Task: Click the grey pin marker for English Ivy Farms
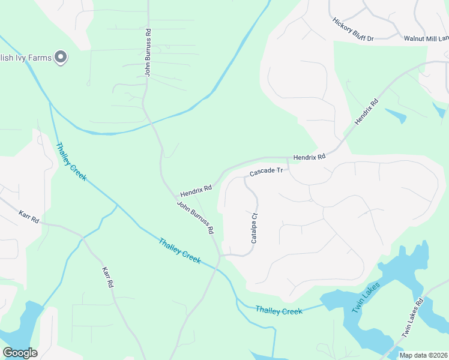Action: coord(61,58)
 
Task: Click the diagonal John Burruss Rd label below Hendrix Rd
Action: coord(196,217)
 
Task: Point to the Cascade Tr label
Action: coord(266,172)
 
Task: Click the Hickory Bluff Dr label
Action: coord(353,29)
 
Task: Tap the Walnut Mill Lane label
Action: coord(426,38)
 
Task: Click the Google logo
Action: coord(20,352)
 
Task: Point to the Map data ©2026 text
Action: coord(423,355)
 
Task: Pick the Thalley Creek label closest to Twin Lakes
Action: coord(279,311)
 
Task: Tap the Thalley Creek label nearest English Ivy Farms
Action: coord(71,161)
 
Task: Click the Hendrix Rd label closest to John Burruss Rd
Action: coord(196,191)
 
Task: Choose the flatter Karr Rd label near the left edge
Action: coord(29,217)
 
